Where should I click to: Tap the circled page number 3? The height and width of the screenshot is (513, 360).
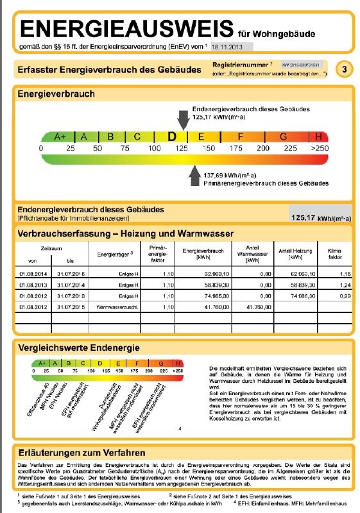point(345,70)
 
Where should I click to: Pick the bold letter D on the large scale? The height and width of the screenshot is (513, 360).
point(171,137)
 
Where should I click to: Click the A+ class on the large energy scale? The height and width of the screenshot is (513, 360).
point(60,137)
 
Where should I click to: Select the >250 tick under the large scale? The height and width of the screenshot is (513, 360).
point(319,148)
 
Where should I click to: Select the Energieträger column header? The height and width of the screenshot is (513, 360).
point(115,253)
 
